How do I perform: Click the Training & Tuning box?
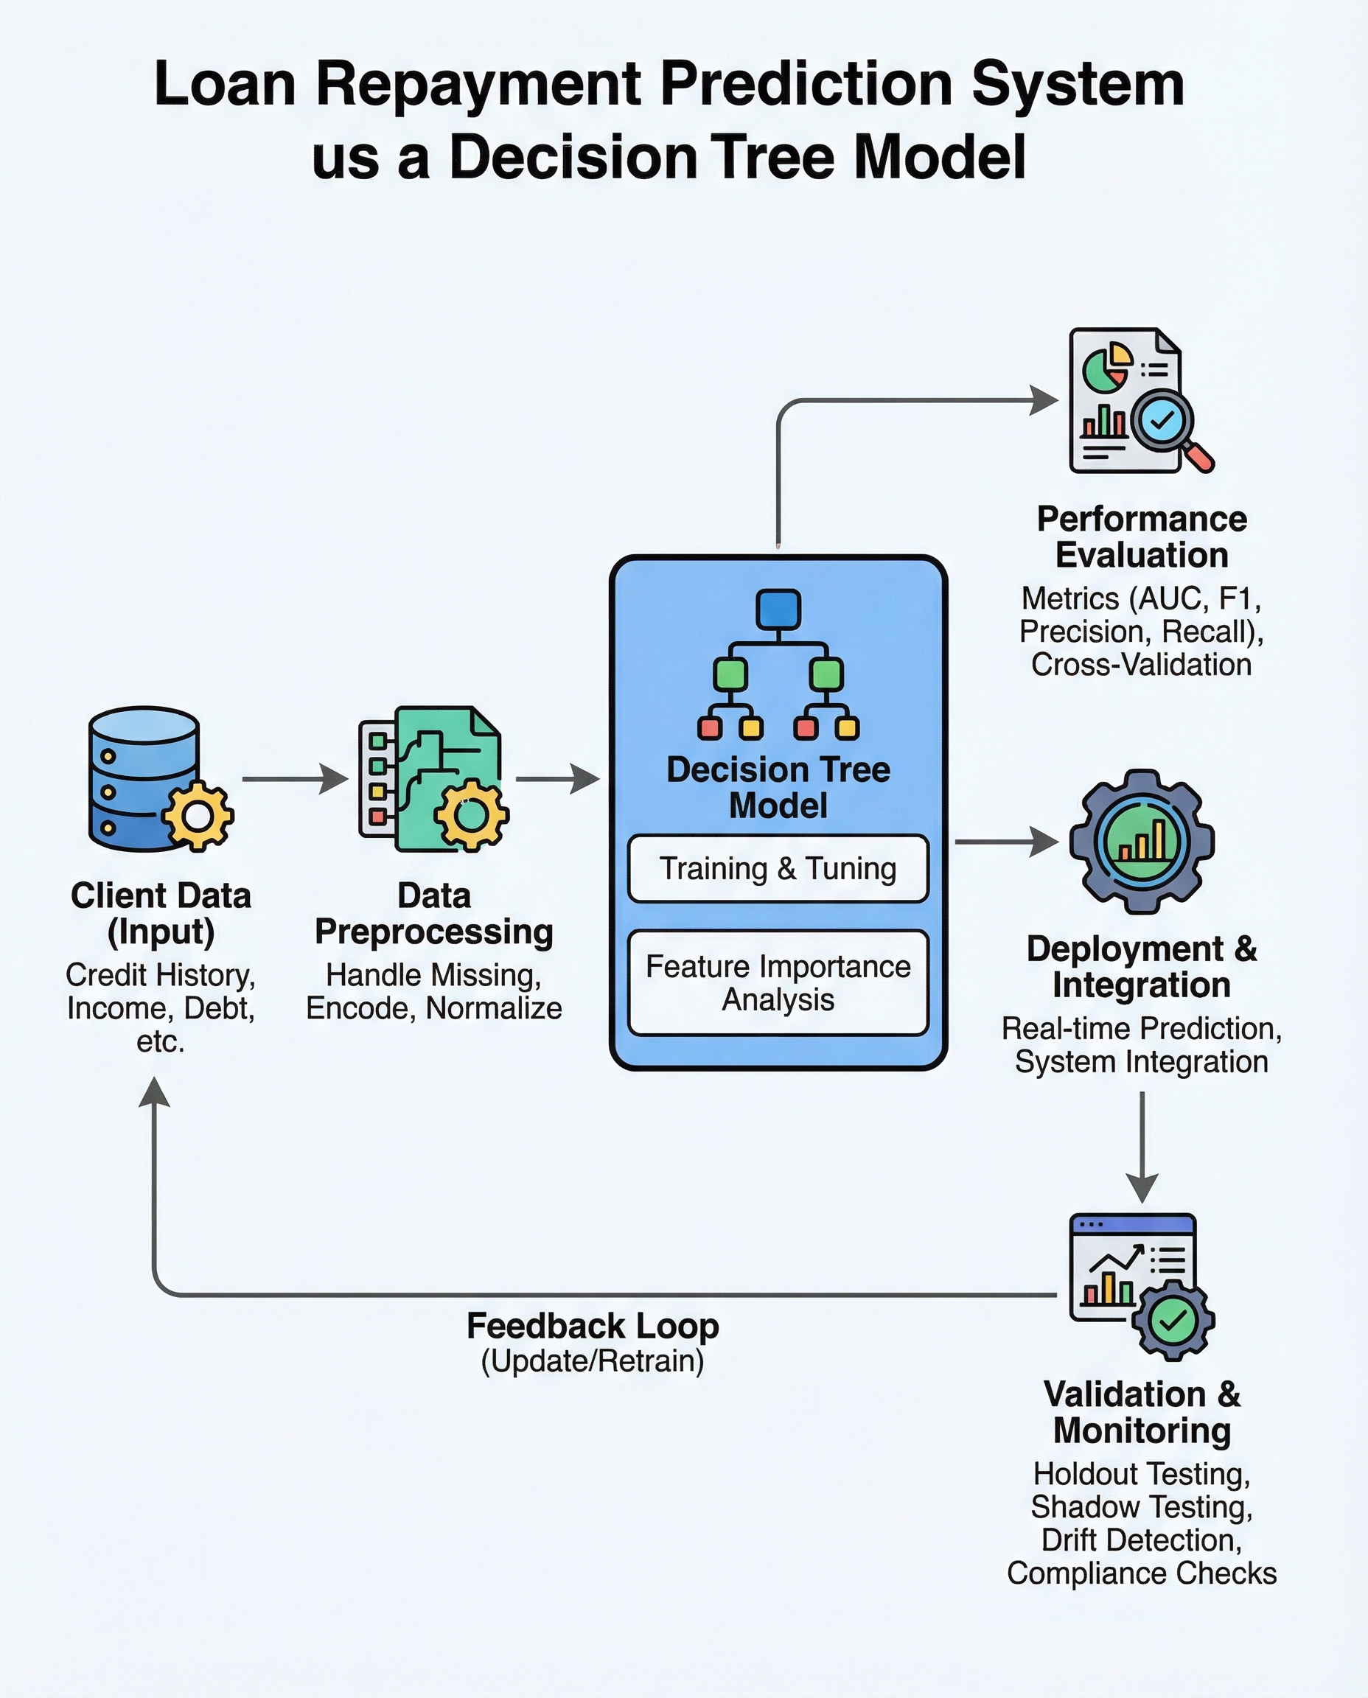(778, 868)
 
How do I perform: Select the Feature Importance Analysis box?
(778, 982)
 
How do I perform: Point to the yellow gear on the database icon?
(198, 817)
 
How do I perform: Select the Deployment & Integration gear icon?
(1141, 842)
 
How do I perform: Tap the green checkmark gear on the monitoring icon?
(1173, 1321)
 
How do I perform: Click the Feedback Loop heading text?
(593, 1326)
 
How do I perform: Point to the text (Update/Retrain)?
(593, 1361)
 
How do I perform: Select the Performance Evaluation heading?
(1141, 537)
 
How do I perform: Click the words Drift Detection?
(1141, 1540)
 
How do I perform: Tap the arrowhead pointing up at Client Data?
(155, 1094)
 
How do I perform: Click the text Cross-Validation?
(1141, 664)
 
